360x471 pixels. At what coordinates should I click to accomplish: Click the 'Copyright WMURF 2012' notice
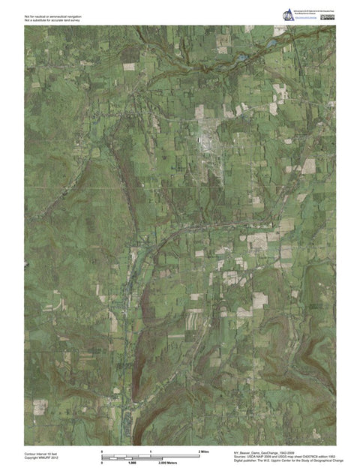(41, 457)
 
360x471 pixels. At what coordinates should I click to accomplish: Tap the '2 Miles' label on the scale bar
(203, 451)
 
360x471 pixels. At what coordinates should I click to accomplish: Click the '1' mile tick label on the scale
(151, 451)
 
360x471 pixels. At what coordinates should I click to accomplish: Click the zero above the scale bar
(102, 451)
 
